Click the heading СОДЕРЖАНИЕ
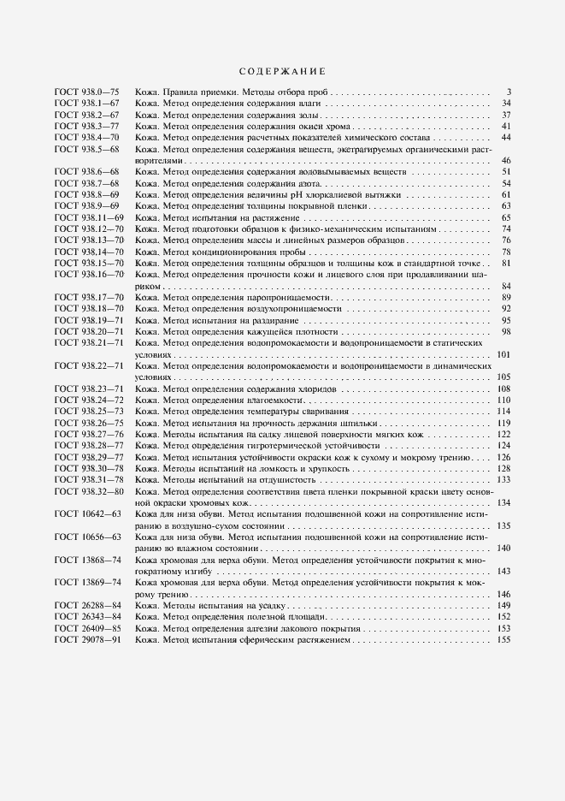click(x=281, y=71)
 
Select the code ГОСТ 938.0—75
click(x=87, y=91)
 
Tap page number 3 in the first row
click(x=508, y=92)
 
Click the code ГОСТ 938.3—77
click(x=87, y=126)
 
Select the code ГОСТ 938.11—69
click(x=89, y=218)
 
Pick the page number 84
click(x=506, y=285)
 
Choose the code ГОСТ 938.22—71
click(x=89, y=365)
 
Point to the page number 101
click(x=504, y=353)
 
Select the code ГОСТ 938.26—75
click(x=89, y=423)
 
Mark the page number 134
click(x=504, y=503)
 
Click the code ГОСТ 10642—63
click(x=87, y=514)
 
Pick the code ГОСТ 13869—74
click(x=87, y=583)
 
